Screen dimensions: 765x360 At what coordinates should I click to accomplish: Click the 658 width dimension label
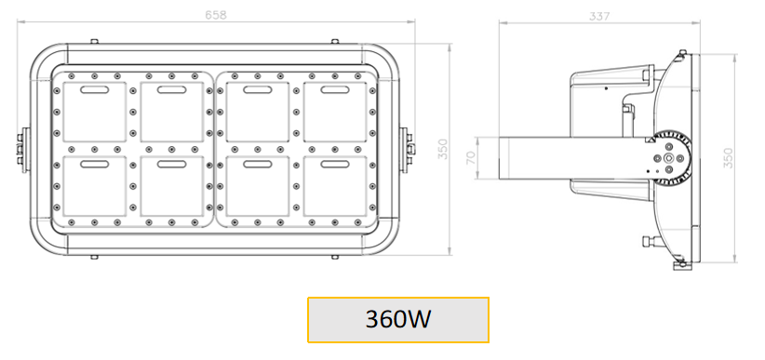(216, 15)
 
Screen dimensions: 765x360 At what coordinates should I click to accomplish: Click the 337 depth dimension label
(599, 16)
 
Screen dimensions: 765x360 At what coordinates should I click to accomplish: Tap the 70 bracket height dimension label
(471, 157)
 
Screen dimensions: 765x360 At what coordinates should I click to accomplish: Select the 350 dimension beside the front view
(442, 149)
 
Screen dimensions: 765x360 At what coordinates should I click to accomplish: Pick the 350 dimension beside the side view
(728, 158)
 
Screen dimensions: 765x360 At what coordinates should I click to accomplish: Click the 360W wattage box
(398, 319)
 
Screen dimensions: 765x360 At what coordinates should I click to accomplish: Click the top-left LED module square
(95, 112)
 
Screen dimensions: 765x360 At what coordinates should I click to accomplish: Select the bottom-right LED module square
(335, 186)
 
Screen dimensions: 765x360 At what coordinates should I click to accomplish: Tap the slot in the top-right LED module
(335, 89)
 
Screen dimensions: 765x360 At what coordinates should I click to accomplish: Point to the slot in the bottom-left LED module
(95, 164)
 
